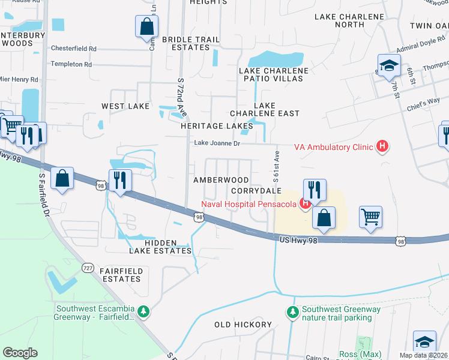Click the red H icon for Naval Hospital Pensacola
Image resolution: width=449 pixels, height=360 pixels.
point(305,204)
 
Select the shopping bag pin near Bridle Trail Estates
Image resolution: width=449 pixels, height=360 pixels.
point(147,26)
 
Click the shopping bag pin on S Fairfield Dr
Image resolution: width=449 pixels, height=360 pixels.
point(62,178)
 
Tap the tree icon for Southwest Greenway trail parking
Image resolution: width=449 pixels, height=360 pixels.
point(292,312)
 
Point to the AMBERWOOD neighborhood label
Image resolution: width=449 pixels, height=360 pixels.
point(221,180)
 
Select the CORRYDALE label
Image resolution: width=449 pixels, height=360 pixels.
point(253,190)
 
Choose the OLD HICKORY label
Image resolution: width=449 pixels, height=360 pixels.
point(243,325)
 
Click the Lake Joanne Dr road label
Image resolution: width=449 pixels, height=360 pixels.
point(217,143)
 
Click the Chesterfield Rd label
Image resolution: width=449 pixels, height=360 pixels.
point(74,48)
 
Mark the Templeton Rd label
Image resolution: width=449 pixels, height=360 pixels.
point(71,64)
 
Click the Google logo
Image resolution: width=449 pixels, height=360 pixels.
point(20,353)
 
